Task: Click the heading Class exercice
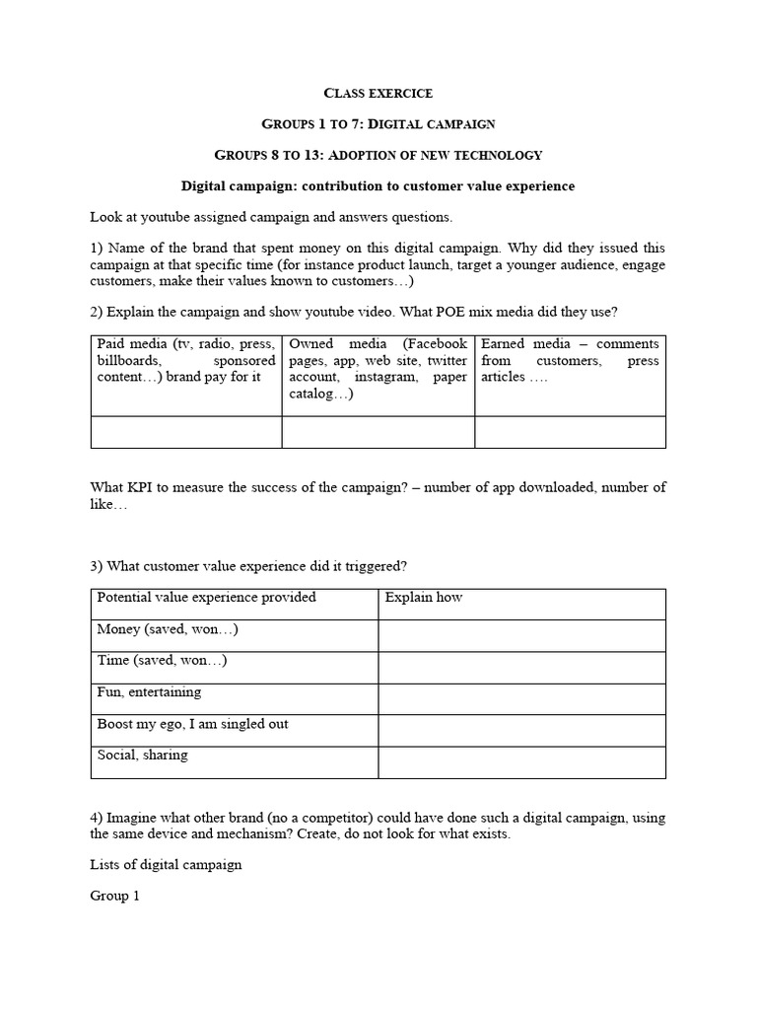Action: click(x=378, y=93)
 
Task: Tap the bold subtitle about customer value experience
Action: click(x=378, y=185)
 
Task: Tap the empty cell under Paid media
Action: click(x=186, y=432)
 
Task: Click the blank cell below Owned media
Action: click(x=378, y=432)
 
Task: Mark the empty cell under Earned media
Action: click(x=570, y=432)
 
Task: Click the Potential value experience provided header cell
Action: click(x=206, y=598)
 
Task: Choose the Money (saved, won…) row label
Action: click(x=168, y=629)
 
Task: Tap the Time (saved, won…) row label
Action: click(x=165, y=661)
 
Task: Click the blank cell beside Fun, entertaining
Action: click(x=521, y=698)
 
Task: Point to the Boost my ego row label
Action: click(x=192, y=724)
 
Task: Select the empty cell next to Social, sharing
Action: click(x=521, y=761)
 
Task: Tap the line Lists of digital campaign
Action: click(x=166, y=865)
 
